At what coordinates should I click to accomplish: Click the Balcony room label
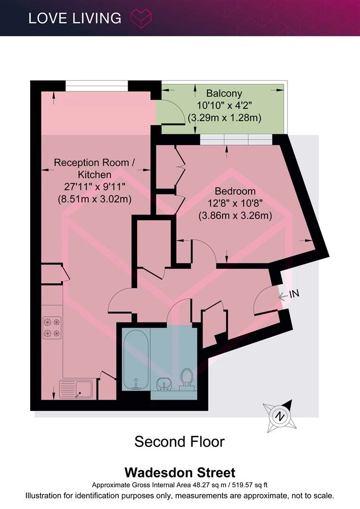[224, 93]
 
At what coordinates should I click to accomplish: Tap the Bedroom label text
[235, 191]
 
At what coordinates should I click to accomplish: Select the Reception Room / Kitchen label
[94, 168]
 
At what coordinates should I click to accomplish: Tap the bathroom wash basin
[164, 385]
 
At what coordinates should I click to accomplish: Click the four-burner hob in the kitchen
[52, 328]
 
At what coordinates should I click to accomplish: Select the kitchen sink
[76, 389]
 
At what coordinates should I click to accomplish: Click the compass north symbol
[279, 416]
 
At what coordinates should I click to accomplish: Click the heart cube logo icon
[141, 18]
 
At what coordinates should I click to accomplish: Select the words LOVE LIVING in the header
[74, 18]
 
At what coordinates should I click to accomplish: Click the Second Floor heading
[180, 442]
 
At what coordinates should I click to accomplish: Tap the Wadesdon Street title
[180, 472]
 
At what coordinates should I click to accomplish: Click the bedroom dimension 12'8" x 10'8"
[235, 203]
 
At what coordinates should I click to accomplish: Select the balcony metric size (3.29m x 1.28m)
[225, 117]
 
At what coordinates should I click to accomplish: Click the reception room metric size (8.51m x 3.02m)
[94, 199]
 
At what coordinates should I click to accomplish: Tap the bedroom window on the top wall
[236, 140]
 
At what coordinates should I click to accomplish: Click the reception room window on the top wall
[97, 86]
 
